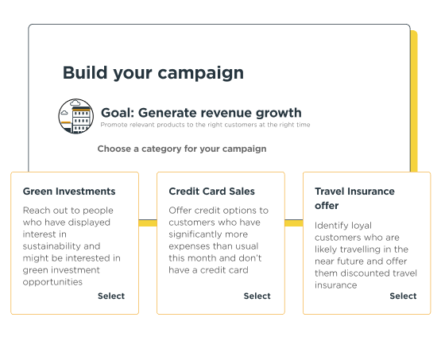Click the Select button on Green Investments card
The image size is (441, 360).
[111, 296]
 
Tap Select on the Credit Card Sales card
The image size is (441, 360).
[257, 296]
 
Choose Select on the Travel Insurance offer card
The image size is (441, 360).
[403, 296]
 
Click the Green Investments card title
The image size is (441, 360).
[69, 192]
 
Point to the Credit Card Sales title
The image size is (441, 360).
[212, 192]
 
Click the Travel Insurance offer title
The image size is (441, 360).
[354, 199]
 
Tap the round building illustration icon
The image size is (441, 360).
[76, 116]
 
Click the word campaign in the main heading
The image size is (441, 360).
[200, 73]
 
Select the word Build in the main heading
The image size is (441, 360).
[85, 72]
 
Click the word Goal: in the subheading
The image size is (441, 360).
[118, 113]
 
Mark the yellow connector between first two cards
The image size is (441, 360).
[148, 223]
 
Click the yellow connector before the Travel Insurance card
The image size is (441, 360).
[294, 223]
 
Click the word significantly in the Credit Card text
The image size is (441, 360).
[208, 234]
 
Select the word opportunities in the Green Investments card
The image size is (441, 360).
[52, 282]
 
